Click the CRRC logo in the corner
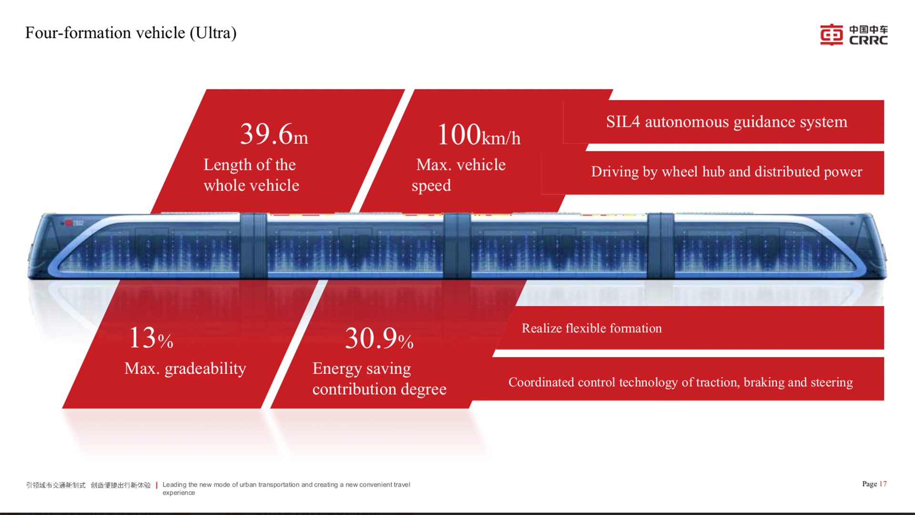[854, 35]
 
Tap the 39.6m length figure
[274, 134]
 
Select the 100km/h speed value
[478, 134]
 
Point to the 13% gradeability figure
[151, 338]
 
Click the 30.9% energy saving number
[379, 338]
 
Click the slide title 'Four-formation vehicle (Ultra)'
[131, 33]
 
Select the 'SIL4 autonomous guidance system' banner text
[727, 122]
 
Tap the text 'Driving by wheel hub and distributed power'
[727, 172]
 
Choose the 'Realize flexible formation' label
[592, 328]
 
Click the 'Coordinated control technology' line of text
[681, 382]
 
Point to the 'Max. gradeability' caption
[185, 369]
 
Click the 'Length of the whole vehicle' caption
[251, 175]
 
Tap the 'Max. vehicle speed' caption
[458, 175]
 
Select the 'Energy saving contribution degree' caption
[379, 379]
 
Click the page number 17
[883, 484]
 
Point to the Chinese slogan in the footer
[88, 485]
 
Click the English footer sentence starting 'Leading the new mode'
[286, 488]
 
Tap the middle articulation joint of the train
[457, 246]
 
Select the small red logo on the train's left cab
[69, 223]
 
